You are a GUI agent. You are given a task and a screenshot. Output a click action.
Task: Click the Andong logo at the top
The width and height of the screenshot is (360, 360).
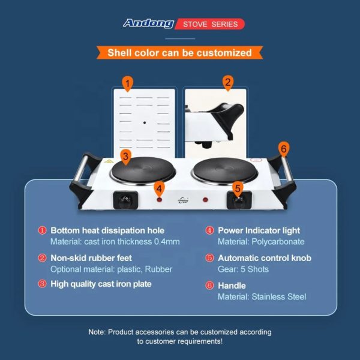pyautogui.click(x=149, y=23)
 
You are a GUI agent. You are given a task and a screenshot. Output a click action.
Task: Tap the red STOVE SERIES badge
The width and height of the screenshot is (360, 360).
pyautogui.click(x=210, y=24)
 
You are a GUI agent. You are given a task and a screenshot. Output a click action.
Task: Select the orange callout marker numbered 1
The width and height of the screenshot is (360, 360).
pyautogui.click(x=128, y=84)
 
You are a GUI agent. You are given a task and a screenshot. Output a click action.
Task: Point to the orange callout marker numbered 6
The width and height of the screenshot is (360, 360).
pyautogui.click(x=284, y=149)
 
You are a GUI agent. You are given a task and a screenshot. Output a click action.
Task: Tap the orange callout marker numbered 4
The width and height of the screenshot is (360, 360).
pyautogui.click(x=160, y=190)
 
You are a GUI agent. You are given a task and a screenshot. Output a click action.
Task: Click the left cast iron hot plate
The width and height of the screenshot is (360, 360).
pyautogui.click(x=143, y=171)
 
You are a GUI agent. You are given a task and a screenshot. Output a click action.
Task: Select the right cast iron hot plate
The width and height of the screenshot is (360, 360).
pyautogui.click(x=225, y=171)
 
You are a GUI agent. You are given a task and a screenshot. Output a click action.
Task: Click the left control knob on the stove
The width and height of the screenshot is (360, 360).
pyautogui.click(x=125, y=200)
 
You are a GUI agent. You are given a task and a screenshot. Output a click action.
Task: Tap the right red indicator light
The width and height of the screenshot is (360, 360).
pyautogui.click(x=205, y=200)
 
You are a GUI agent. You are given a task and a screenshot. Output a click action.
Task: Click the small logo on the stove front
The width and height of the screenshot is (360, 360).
pyautogui.click(x=183, y=200)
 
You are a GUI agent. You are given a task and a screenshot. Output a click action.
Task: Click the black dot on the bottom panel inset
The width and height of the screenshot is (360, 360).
pyautogui.click(x=145, y=122)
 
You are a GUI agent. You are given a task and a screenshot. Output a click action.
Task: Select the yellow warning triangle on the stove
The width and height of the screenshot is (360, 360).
pyautogui.click(x=109, y=161)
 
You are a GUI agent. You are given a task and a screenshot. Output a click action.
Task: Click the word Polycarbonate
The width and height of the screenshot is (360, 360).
pyautogui.click(x=278, y=242)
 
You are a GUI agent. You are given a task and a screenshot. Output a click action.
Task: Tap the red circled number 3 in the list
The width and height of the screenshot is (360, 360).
pyautogui.click(x=42, y=284)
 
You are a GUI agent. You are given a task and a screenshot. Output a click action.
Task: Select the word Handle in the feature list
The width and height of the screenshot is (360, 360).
pyautogui.click(x=232, y=286)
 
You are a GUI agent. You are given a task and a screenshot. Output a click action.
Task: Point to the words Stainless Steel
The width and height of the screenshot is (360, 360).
pyautogui.click(x=279, y=296)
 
